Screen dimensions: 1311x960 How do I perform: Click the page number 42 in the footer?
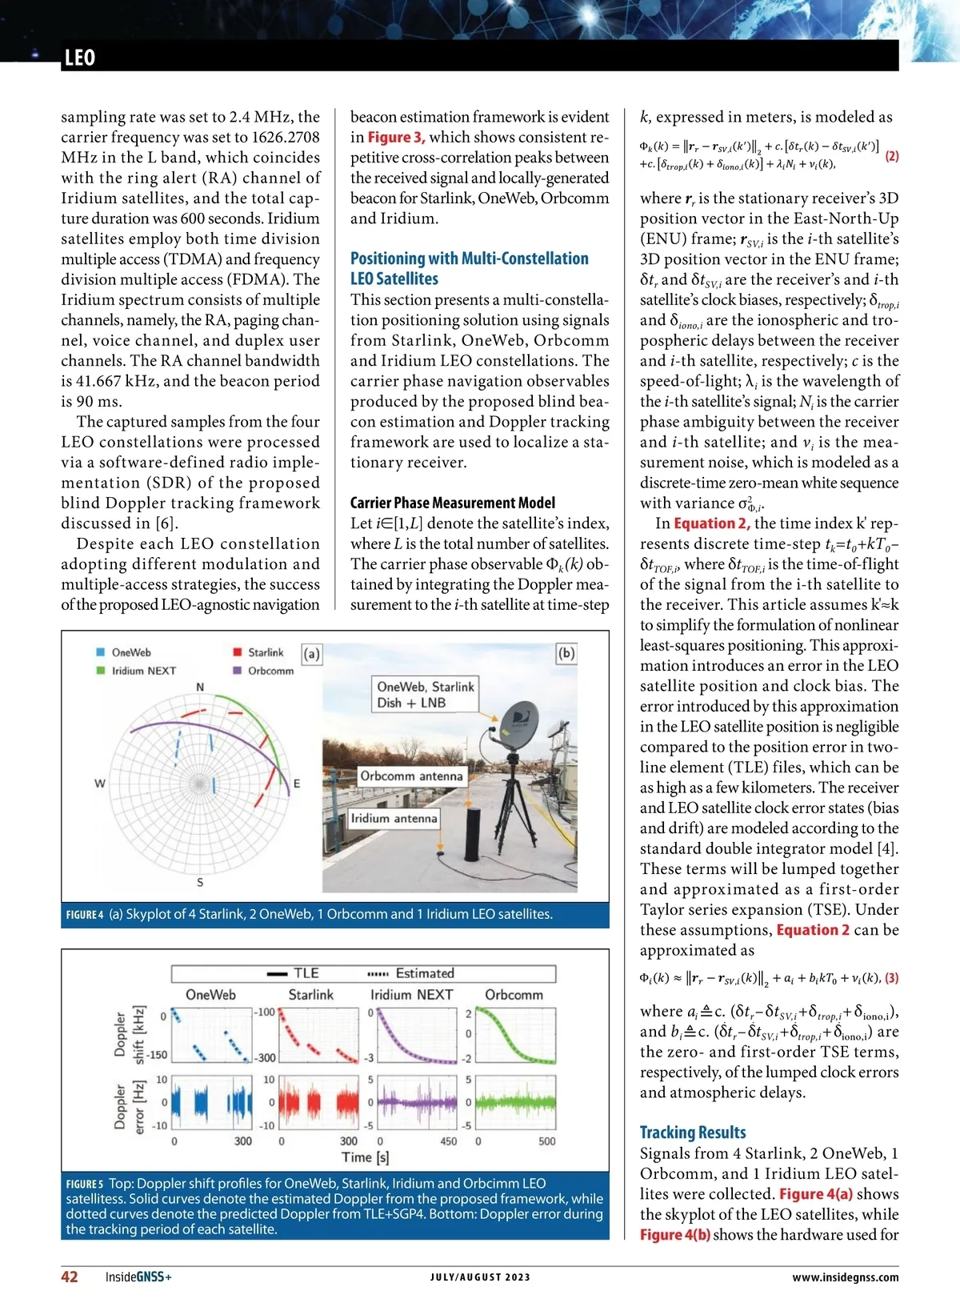tap(70, 1277)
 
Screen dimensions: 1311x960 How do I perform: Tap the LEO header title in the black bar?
tap(80, 58)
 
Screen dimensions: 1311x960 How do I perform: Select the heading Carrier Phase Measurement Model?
tap(452, 503)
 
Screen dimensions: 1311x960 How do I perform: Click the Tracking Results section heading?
tap(692, 1132)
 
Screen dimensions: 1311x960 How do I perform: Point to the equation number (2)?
tap(891, 156)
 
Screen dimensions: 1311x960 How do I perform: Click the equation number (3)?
tap(891, 977)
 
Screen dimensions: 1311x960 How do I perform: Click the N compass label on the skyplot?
tap(200, 687)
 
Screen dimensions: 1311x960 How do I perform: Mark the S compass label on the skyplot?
tap(200, 882)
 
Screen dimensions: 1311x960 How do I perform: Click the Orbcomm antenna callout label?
tap(410, 776)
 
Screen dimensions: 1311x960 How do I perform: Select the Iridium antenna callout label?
tap(394, 818)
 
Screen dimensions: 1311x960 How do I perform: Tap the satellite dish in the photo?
tap(519, 724)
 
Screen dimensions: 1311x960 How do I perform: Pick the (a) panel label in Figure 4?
tap(311, 654)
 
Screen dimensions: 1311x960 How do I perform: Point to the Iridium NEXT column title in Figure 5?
tap(411, 994)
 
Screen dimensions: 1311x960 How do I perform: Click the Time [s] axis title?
tap(365, 1157)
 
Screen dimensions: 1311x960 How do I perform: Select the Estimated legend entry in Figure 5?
tap(424, 973)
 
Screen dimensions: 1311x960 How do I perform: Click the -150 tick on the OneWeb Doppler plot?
tap(158, 1055)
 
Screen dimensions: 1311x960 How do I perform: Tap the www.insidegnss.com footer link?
tap(845, 1277)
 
